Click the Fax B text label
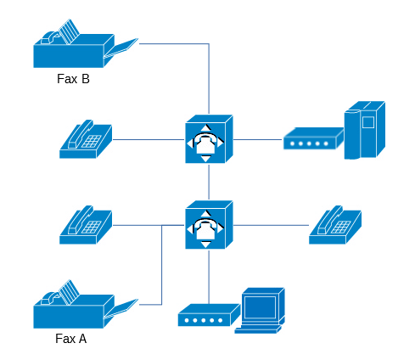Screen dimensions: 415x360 [x=73, y=79]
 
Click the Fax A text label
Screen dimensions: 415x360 [x=71, y=339]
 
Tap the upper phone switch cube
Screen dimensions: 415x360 [x=209, y=139]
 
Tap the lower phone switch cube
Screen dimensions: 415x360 [x=209, y=225]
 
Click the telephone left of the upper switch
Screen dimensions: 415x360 [x=86, y=139]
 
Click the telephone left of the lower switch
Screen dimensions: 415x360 [x=86, y=225]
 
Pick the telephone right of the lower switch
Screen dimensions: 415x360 [x=335, y=225]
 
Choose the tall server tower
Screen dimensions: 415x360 [x=365, y=130]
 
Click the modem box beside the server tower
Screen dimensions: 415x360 [x=313, y=138]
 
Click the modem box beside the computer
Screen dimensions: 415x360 [x=209, y=315]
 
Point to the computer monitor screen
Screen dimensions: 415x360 [x=260, y=307]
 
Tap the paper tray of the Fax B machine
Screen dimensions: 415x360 [x=121, y=48]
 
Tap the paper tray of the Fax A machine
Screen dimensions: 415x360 [x=121, y=309]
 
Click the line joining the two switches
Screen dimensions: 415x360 [x=209, y=182]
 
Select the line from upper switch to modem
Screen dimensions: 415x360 [x=258, y=139]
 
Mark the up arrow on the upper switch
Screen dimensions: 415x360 [x=206, y=127]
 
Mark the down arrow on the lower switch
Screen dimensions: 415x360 [x=206, y=245]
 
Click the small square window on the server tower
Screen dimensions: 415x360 [x=368, y=122]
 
